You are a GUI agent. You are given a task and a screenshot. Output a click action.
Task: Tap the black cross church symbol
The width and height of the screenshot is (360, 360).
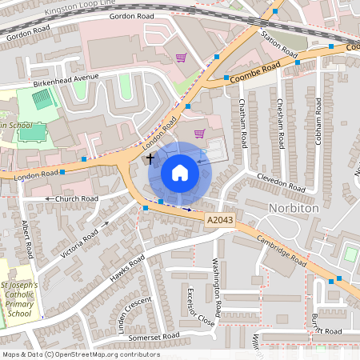tap(150, 159)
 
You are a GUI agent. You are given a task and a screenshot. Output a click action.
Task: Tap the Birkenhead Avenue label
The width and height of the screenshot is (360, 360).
tap(66, 81)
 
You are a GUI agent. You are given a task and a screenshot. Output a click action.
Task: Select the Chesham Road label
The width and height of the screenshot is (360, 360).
tap(280, 124)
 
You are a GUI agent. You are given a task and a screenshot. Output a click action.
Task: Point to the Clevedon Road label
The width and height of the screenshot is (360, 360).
tap(281, 182)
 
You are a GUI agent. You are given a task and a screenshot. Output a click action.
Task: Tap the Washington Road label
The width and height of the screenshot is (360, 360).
tap(216, 286)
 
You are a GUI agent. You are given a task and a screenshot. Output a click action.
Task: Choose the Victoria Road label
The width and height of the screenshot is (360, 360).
tap(79, 244)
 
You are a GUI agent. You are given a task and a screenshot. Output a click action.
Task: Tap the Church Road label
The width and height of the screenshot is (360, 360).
tap(76, 198)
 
